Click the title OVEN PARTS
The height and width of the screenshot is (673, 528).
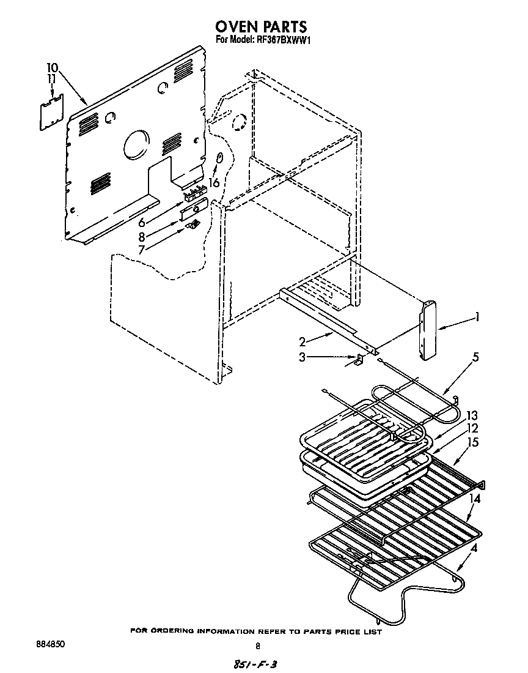pyautogui.click(x=260, y=27)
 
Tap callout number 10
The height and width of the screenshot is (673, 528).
pyautogui.click(x=53, y=67)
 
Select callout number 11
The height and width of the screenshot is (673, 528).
pyautogui.click(x=52, y=80)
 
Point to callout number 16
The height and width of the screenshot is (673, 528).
pyautogui.click(x=213, y=182)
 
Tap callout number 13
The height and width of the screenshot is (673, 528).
pyautogui.click(x=472, y=416)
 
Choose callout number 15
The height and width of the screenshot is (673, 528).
pyautogui.click(x=473, y=442)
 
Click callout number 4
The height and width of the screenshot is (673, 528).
pyautogui.click(x=474, y=548)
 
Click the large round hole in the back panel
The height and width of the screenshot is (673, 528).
pyautogui.click(x=136, y=145)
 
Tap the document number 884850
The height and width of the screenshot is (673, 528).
pyautogui.click(x=51, y=644)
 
